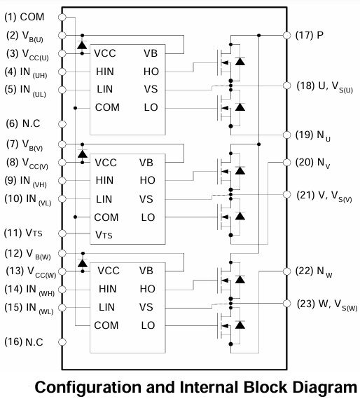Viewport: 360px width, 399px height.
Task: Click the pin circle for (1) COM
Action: [62, 18]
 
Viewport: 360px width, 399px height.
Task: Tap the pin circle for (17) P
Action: [286, 35]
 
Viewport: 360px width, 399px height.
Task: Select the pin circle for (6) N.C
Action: [62, 124]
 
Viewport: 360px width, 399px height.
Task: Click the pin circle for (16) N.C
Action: [62, 342]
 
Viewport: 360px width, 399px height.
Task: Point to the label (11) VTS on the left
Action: [23, 233]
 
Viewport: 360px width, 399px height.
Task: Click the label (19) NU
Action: [313, 135]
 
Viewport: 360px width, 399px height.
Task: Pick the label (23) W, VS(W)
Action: [327, 304]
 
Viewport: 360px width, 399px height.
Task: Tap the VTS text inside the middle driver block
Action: [104, 235]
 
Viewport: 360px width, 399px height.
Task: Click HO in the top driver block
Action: [151, 72]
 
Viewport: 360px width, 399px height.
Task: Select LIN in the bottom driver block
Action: [106, 307]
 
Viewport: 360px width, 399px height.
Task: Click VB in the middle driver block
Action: [146, 163]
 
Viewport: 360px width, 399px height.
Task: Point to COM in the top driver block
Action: [107, 107]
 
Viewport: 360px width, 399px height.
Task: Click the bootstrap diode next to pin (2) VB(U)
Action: [82, 45]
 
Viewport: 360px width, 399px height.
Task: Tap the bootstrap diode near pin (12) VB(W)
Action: [83, 263]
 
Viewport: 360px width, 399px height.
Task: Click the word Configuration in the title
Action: [88, 387]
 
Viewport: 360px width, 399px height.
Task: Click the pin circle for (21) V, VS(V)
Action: [286, 194]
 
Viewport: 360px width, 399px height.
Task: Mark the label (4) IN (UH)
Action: [26, 72]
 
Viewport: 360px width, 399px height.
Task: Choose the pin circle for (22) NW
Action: [286, 271]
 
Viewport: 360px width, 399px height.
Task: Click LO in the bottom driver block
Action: [148, 325]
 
